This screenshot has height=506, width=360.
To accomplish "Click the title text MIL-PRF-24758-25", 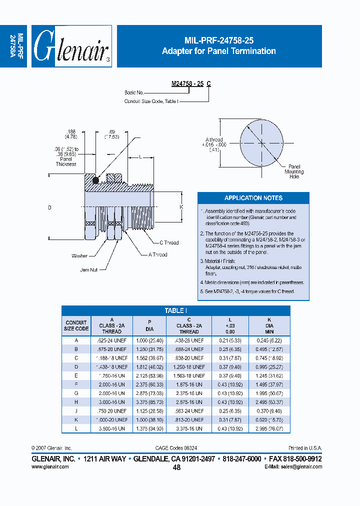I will coord(218,41).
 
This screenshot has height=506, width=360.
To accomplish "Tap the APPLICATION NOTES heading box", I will coord(253,198).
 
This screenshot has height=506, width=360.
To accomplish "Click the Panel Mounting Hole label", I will coord(294,171).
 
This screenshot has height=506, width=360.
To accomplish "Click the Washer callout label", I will coord(79,256).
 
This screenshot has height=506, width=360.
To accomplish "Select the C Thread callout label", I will coord(169,242).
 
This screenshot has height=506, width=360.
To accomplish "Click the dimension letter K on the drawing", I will coord(181,206).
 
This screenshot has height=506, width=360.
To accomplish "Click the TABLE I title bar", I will coord(175,310).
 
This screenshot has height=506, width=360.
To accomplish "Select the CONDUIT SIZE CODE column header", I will coord(76,325).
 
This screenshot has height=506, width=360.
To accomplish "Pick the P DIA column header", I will coord(149,325).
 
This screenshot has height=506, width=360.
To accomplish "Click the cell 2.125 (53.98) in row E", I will coord(149,375).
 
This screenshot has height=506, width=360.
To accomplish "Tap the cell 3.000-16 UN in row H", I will coord(111,402).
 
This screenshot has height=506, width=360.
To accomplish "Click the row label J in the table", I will coord(76,411).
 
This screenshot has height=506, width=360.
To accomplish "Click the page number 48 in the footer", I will coord(176,467).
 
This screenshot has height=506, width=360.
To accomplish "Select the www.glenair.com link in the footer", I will coord(50,466).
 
